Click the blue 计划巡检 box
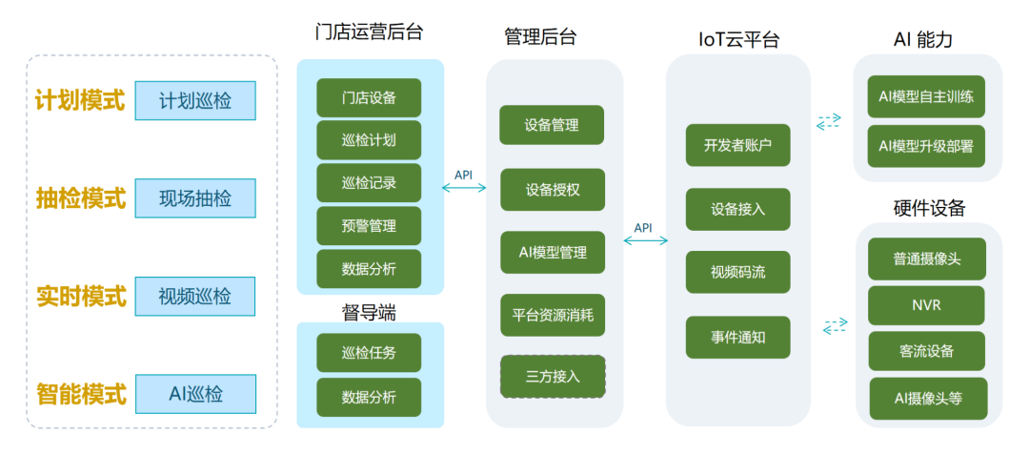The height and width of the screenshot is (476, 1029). point(195,100)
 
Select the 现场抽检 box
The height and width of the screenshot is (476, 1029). point(195,198)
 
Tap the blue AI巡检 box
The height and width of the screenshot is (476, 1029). point(195,394)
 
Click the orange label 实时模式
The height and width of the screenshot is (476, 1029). point(81,297)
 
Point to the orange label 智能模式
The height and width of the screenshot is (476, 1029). point(81,394)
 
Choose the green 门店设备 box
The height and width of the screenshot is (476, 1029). point(369,97)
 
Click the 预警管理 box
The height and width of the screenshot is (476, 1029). point(369,226)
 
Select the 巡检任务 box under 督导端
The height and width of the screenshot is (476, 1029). point(369,353)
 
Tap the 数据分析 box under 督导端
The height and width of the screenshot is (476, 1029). point(369,397)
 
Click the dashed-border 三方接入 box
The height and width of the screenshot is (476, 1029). point(553,376)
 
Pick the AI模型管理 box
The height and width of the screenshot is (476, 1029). point(553,253)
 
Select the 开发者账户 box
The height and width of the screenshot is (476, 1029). point(737,145)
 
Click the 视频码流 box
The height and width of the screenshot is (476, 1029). point(737,273)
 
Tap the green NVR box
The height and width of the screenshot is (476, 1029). point(926,305)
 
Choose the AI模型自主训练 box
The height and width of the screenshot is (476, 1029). point(926,97)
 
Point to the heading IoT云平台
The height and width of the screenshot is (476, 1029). point(737,39)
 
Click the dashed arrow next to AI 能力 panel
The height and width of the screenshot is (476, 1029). point(829,121)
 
